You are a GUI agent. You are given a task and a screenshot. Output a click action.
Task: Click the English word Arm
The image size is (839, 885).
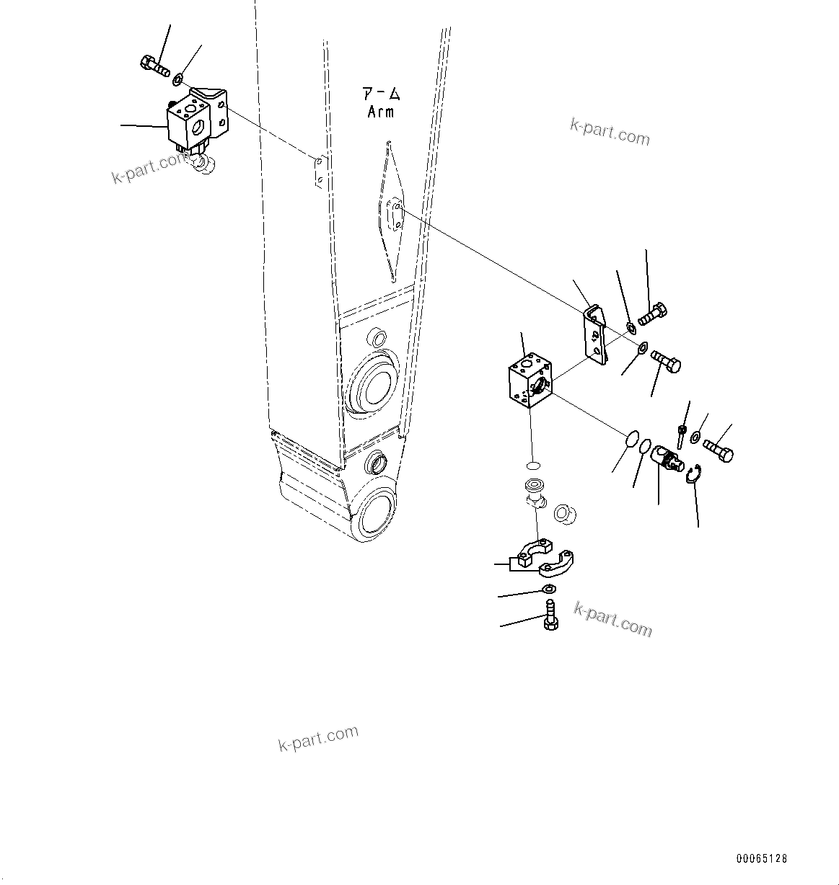coord(381,112)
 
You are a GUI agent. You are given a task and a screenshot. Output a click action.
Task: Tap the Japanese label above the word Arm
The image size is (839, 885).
coord(382,94)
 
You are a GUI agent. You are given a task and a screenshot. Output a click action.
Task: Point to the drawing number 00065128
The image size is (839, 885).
coord(762,858)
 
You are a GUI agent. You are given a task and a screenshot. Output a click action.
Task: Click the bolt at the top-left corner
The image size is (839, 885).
coord(154,66)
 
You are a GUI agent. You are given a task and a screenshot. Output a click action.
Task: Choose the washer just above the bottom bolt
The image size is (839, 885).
coord(548,590)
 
